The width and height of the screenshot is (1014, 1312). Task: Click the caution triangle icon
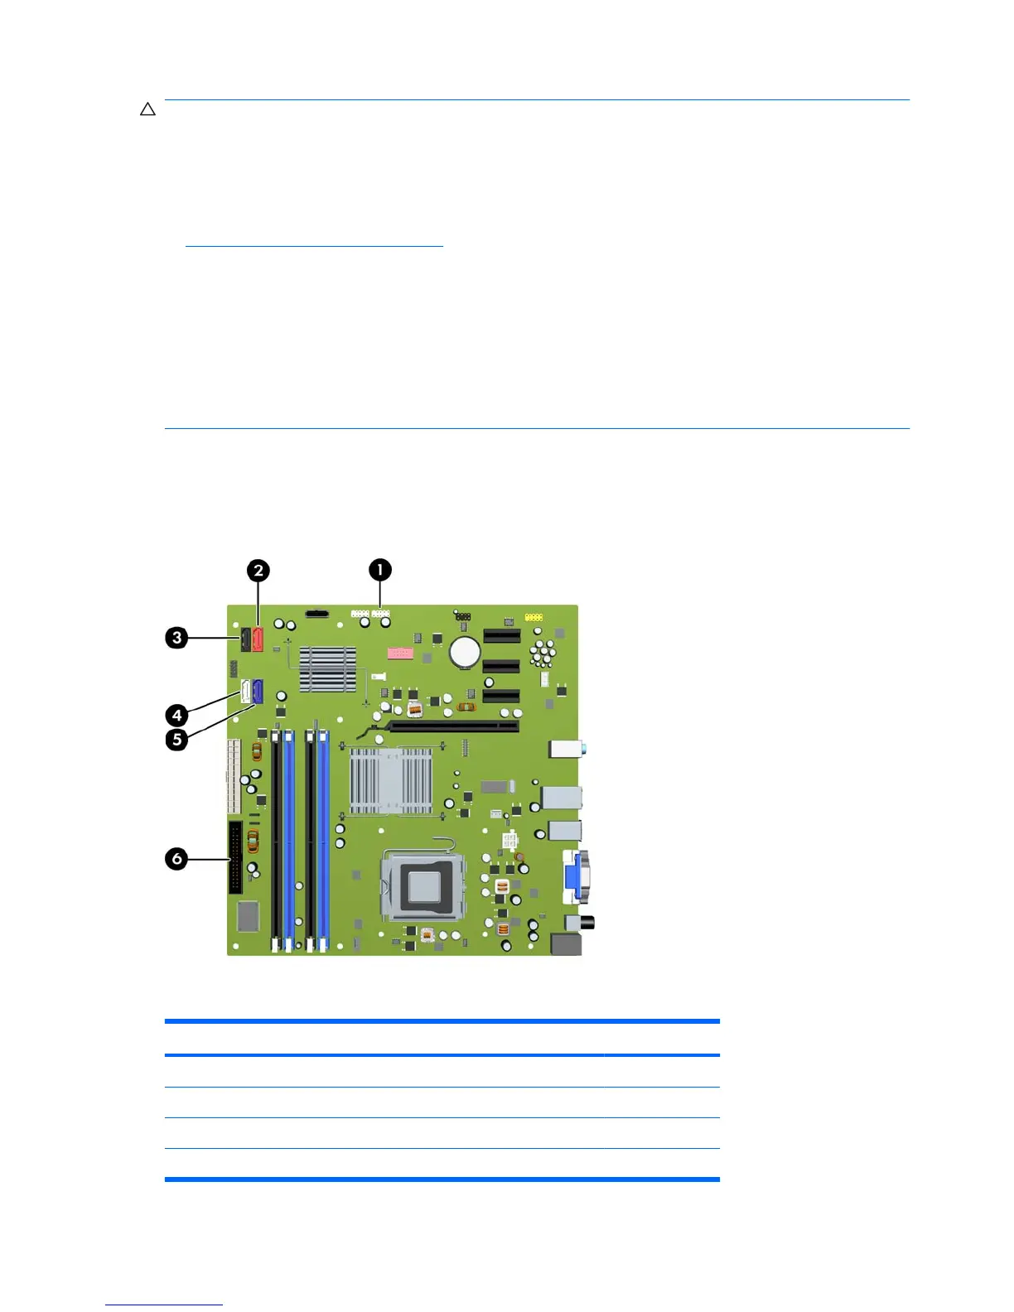(147, 109)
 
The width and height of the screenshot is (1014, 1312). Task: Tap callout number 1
(379, 570)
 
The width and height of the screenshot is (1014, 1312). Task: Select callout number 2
(258, 571)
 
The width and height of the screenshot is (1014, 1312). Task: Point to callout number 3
(176, 638)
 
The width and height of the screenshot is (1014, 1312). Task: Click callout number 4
(176, 715)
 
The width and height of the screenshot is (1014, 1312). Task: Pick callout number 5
(176, 739)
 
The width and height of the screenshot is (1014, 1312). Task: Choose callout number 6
(176, 859)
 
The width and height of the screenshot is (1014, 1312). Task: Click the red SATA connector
(258, 639)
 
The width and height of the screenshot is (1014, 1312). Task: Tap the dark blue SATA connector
(258, 692)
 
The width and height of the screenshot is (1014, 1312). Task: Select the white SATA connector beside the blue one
(246, 692)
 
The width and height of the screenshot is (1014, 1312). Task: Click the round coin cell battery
(465, 652)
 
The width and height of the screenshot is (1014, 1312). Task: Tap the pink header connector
(400, 654)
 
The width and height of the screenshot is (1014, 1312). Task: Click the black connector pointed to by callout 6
(235, 858)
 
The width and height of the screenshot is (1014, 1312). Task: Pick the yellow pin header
(534, 617)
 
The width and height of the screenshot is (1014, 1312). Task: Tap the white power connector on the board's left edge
(233, 776)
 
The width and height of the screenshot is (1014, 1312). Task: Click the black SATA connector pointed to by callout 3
(246, 639)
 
